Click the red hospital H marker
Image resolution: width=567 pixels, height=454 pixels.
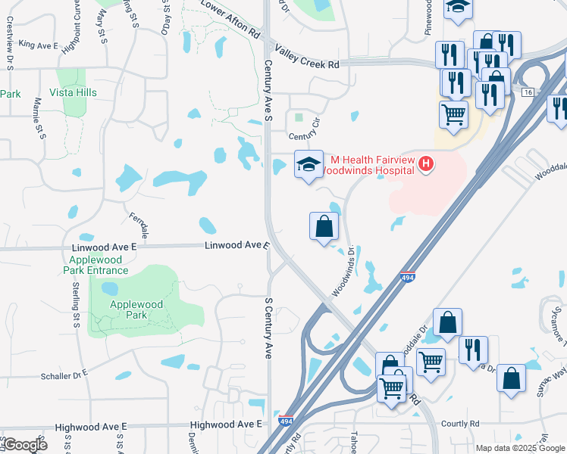pyautogui.click(x=426, y=163)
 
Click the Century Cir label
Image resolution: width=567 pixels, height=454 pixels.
pyautogui.click(x=305, y=137)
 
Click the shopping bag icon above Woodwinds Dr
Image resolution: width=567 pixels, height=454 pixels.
pyautogui.click(x=324, y=225)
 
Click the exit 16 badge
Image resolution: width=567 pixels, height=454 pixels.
pyautogui.click(x=528, y=92)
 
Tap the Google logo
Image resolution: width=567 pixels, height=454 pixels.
pyautogui.click(x=25, y=444)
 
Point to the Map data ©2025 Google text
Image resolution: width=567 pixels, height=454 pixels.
pyautogui.click(x=520, y=448)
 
